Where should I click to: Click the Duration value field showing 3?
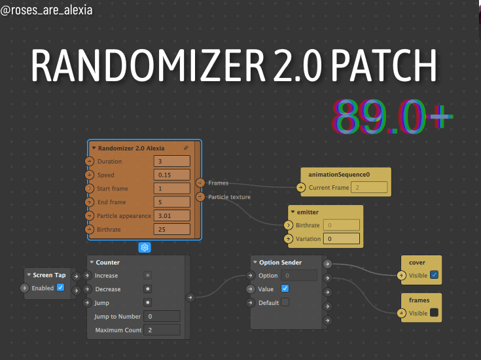point(171,162)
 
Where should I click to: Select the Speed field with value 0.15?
point(171,175)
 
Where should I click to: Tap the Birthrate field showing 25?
point(171,229)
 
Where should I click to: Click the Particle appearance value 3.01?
point(171,215)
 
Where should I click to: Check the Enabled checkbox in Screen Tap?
point(61,288)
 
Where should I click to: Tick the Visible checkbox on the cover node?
point(435,276)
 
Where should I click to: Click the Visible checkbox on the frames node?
point(435,314)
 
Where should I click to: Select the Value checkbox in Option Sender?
point(285,289)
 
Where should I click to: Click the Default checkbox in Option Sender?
point(285,302)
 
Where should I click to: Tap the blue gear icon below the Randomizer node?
point(145,247)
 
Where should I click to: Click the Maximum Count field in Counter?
point(162,330)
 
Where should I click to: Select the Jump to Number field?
point(162,316)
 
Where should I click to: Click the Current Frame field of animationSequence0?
point(369,188)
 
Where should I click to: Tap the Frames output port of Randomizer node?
point(200,183)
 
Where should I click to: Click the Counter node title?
point(107,262)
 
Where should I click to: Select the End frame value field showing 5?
point(171,202)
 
